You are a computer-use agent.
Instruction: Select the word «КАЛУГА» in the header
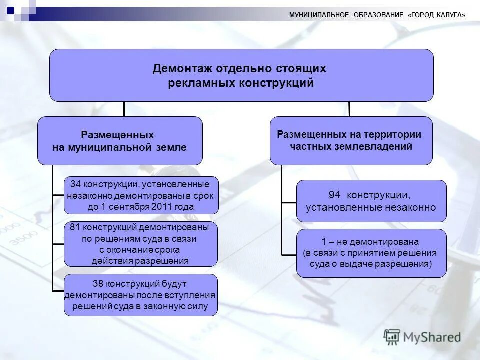point(446,15)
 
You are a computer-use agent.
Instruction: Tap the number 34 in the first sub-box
point(75,185)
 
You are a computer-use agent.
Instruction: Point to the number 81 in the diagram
point(75,227)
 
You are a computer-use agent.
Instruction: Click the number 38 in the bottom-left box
point(98,284)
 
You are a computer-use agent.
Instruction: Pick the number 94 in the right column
point(334,195)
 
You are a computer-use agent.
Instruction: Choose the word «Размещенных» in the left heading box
point(117,135)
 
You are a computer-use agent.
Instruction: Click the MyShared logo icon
point(392,336)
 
